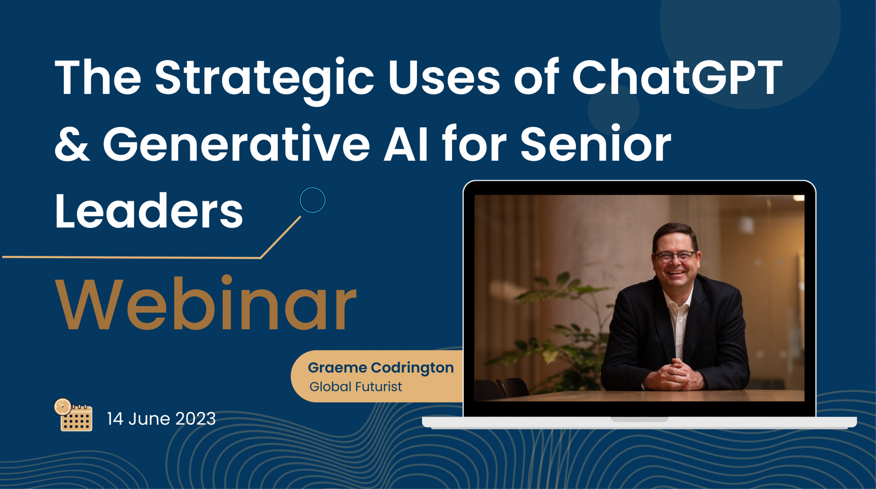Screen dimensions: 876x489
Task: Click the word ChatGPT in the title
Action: [x=677, y=77]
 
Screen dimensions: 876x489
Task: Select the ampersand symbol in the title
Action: [x=72, y=145]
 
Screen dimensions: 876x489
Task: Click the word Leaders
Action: [x=149, y=211]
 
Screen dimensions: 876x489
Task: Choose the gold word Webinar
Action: [x=206, y=303]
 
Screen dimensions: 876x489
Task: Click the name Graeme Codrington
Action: [x=381, y=368]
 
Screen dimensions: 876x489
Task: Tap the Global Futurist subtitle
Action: [x=356, y=387]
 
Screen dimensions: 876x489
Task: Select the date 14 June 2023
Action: [x=161, y=419]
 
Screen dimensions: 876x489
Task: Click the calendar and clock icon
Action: [x=73, y=415]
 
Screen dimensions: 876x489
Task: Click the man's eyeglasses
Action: [x=676, y=256]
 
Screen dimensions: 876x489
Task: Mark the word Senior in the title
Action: [x=595, y=144]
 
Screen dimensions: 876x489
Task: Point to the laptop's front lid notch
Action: [x=639, y=419]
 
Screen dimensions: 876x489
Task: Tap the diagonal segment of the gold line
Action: [x=281, y=237]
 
